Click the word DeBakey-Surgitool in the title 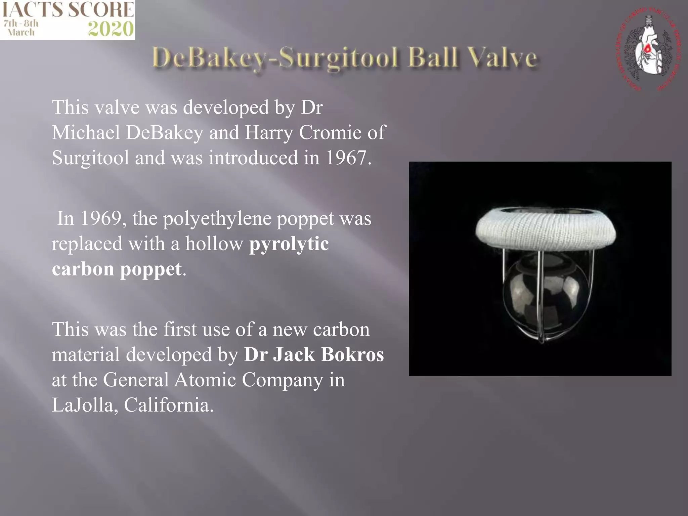point(275,58)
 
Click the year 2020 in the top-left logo point(111,29)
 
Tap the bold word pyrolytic point(289,244)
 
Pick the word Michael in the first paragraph point(86,132)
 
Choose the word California point(168,405)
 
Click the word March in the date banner point(21,33)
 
